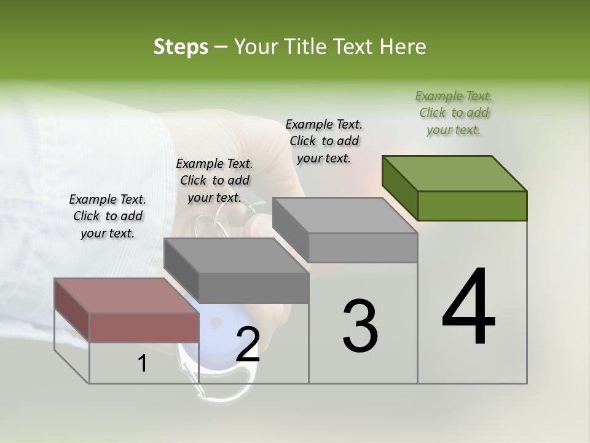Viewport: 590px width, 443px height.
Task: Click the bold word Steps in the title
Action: click(x=181, y=47)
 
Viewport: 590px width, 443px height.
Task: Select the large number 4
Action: click(x=469, y=308)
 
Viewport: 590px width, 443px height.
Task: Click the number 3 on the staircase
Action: click(x=360, y=326)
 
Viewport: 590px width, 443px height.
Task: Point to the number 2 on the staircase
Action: click(x=248, y=345)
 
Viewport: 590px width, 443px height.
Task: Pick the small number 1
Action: click(x=143, y=364)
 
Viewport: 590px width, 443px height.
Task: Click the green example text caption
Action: click(x=454, y=113)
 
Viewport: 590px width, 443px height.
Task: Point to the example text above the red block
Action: click(x=108, y=216)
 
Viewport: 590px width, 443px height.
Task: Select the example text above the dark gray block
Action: click(x=214, y=180)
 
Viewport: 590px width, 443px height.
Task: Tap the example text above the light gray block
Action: click(x=324, y=141)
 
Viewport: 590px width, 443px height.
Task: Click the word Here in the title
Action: click(x=404, y=47)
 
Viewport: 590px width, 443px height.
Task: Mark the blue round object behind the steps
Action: click(x=215, y=332)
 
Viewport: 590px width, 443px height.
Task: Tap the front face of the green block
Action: click(x=472, y=206)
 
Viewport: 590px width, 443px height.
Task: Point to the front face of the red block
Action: click(x=144, y=327)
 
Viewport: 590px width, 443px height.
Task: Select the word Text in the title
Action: click(x=355, y=47)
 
